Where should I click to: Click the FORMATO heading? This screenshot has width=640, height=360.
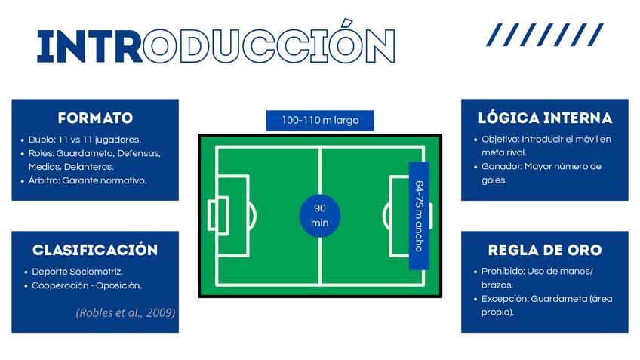(x=95, y=118)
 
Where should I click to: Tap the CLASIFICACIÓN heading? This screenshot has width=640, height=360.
(x=95, y=249)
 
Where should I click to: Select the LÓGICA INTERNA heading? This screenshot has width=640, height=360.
(x=545, y=118)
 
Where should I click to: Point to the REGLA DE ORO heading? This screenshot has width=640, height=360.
(x=545, y=250)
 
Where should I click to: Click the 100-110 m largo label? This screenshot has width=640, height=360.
(x=320, y=121)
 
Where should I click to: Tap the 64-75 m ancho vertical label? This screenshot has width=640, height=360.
(x=419, y=216)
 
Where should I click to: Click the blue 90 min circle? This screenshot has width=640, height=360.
(x=320, y=216)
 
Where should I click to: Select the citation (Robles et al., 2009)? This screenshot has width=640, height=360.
(x=125, y=312)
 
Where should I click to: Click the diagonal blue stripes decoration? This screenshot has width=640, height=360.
(x=545, y=35)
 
